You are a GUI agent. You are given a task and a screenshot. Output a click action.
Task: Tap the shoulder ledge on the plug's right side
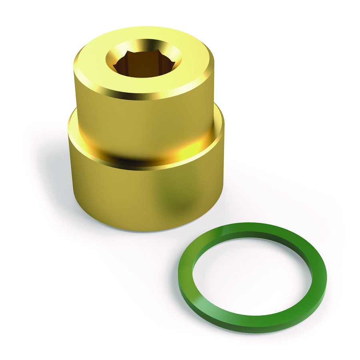(218, 116)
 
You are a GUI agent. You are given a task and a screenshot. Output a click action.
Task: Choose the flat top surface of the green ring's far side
(256, 230)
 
